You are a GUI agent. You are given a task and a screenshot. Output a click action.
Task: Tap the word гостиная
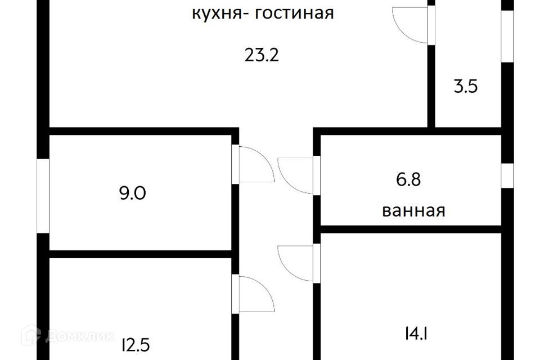295,13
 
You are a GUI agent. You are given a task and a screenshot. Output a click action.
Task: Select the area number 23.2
262,55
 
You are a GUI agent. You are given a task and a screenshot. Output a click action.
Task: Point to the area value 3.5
466,87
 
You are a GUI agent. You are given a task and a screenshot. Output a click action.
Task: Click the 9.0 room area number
133,193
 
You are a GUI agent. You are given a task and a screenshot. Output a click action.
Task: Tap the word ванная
413,211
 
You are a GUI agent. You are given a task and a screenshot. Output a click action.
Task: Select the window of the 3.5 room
507,35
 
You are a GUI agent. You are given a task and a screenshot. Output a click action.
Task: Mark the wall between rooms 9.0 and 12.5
141,254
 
